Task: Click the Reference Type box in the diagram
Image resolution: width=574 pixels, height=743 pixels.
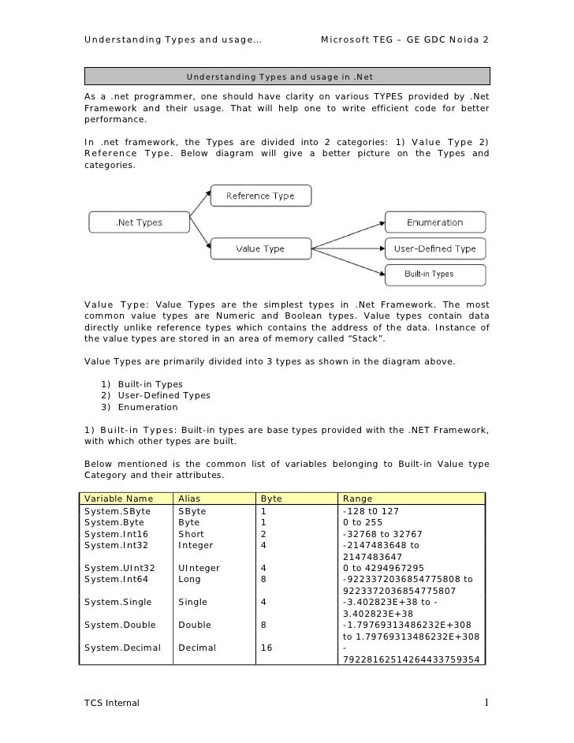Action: click(261, 196)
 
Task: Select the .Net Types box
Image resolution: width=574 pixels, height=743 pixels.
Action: click(139, 222)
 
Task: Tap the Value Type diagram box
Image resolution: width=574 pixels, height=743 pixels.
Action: click(261, 248)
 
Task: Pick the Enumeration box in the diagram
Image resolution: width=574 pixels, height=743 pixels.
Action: click(434, 222)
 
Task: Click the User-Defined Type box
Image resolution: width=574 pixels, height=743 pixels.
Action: click(434, 248)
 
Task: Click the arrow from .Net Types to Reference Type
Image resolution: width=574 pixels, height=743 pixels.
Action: click(199, 208)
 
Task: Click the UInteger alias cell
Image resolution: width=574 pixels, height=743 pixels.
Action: click(199, 568)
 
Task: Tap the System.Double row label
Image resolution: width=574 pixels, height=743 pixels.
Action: click(119, 625)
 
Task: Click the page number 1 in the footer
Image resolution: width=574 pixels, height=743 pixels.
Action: click(487, 702)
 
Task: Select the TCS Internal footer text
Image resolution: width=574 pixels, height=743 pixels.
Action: click(111, 703)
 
